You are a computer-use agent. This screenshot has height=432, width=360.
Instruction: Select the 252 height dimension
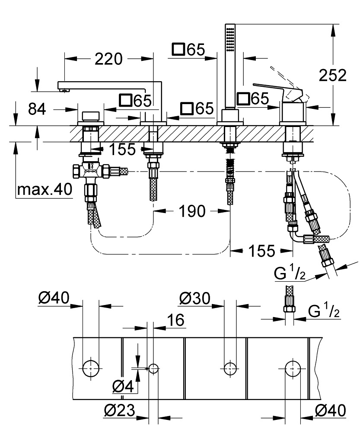pos(332,75)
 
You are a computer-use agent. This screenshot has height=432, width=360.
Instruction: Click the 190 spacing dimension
pos(192,211)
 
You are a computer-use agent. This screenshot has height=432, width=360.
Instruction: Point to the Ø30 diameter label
pos(194,298)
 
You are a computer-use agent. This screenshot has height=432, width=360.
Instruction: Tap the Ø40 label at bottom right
pos(330,410)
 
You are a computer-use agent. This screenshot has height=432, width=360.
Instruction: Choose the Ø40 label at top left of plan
pos(54,298)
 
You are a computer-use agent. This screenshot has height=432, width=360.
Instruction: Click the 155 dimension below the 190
pos(260,250)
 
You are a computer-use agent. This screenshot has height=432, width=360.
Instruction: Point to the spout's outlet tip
pos(64,90)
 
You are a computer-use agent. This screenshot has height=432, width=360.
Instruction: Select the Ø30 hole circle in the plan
pos(230,368)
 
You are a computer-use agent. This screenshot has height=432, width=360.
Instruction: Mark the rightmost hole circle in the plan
pos(292,368)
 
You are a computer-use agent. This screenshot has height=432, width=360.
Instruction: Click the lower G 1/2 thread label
pos(323,311)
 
